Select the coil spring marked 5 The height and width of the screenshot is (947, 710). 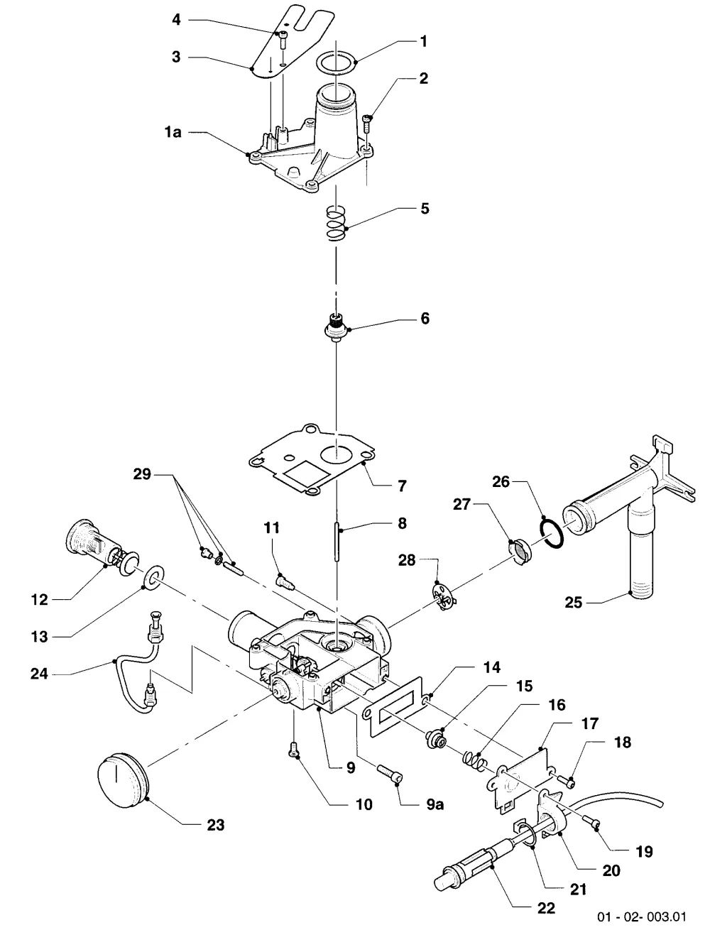point(337,224)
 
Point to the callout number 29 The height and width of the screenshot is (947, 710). point(142,475)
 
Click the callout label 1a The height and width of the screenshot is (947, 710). point(173,132)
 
